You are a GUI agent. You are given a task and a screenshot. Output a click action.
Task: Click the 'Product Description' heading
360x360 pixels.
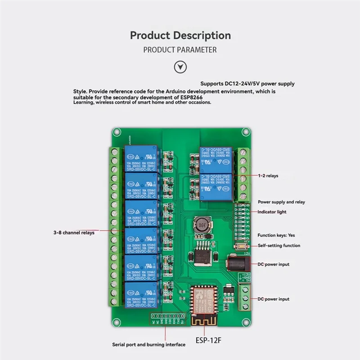180,35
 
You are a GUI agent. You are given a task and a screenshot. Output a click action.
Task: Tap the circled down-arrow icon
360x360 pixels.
180,67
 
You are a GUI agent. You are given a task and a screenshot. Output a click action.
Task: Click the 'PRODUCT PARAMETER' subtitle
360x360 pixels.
180,49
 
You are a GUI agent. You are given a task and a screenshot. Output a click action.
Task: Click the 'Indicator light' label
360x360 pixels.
272,211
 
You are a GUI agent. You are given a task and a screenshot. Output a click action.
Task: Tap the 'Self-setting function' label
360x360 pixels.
279,245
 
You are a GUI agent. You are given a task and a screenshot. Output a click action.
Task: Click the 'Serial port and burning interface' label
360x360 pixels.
148,345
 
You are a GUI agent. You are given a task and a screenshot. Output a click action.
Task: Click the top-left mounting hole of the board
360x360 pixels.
117,132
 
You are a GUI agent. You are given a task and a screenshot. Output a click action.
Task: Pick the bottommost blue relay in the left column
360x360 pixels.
141,295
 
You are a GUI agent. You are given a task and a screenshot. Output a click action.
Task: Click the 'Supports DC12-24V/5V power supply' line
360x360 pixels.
247,84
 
